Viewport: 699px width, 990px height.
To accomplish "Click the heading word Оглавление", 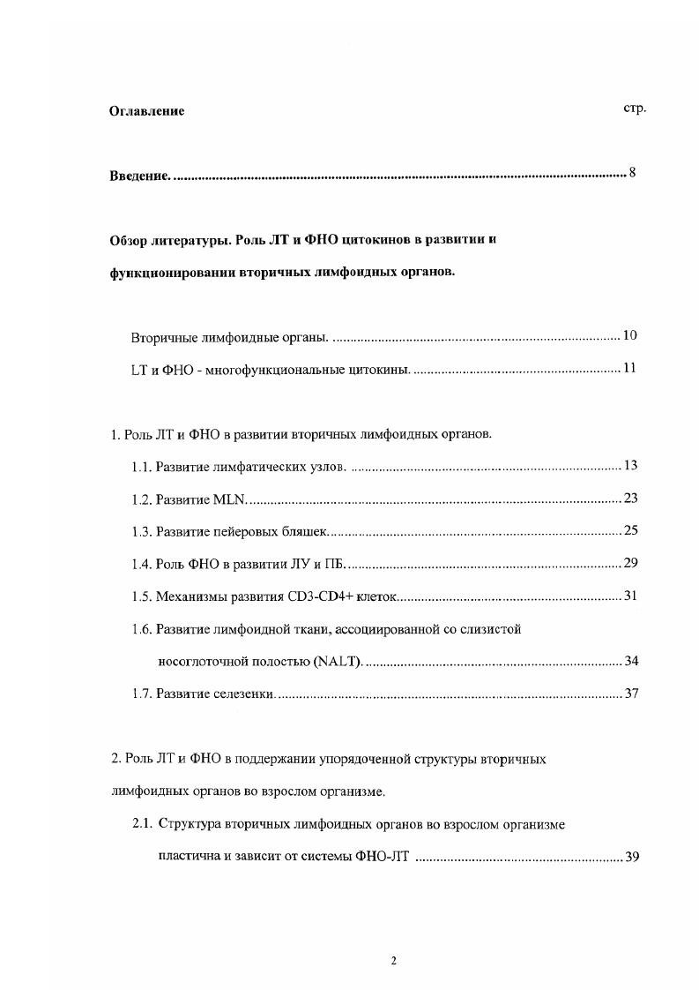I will click(x=146, y=111).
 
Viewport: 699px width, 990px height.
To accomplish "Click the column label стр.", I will click(x=635, y=109).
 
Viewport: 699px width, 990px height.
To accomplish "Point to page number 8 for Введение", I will click(x=632, y=172).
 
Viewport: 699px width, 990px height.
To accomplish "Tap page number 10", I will click(x=629, y=335).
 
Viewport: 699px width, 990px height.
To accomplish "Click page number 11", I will click(x=629, y=368).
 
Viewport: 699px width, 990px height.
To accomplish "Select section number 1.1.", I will click(x=141, y=466).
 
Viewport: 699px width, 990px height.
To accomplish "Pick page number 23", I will click(x=630, y=499).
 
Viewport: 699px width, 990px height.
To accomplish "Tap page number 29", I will click(x=630, y=563).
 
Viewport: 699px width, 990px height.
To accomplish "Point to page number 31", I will click(x=630, y=596).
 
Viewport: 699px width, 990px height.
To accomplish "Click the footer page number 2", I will click(x=394, y=961).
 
